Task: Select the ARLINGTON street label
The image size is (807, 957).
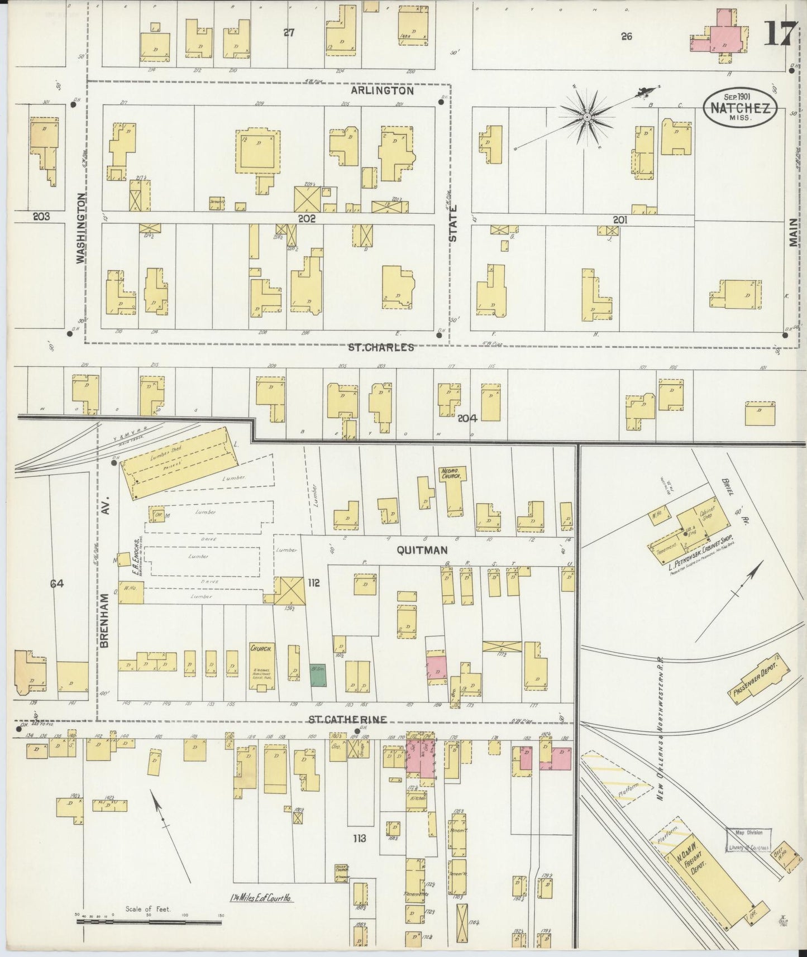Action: click(x=383, y=90)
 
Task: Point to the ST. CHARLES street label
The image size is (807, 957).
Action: click(x=381, y=347)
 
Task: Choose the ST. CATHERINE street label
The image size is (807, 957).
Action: click(x=347, y=720)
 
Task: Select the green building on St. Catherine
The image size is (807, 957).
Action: click(x=318, y=674)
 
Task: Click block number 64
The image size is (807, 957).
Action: click(x=57, y=584)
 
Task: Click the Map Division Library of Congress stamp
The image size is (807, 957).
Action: click(x=748, y=840)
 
